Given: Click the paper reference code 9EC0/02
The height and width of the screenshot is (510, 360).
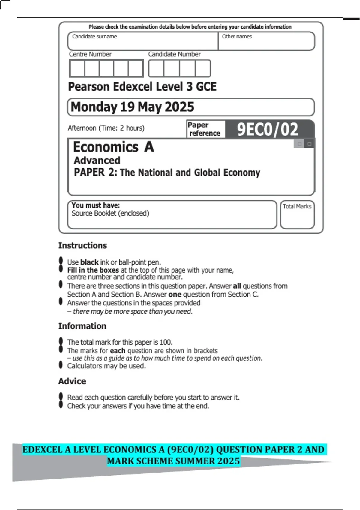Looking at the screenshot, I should tap(268, 129).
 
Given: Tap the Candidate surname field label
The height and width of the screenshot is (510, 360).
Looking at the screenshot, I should tap(94, 37).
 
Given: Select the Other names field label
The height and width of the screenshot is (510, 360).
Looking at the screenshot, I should tap(237, 37).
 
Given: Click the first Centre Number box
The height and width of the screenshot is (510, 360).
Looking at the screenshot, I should tap(77, 68).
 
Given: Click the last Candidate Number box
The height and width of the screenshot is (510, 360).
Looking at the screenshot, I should tap(203, 68).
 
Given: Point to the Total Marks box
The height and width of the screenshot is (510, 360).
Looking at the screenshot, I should tap(297, 215).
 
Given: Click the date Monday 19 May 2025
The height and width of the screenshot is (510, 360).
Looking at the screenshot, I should tap(133, 107).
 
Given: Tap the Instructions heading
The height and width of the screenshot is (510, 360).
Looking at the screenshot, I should tap(82, 245).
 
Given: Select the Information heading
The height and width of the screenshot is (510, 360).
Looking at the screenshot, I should tap(82, 326).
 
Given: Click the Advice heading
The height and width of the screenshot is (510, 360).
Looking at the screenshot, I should tap(72, 381).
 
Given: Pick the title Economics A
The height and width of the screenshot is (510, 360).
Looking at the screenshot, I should tap(114, 147).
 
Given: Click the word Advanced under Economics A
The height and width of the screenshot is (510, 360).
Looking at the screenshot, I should tap(97, 160).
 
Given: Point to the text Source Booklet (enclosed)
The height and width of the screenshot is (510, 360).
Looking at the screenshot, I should tap(110, 213).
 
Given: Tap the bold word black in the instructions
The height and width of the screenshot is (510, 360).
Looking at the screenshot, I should tap(89, 262).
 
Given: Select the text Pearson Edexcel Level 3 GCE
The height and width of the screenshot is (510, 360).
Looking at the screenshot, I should tap(142, 87).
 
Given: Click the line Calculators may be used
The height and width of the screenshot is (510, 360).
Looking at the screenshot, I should tap(106, 366).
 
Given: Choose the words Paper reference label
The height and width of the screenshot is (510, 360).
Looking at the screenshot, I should tap(204, 129).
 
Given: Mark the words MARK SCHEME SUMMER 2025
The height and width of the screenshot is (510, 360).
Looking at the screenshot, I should tap(173, 461).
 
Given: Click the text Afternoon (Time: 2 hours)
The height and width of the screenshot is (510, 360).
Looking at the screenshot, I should tap(106, 128).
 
